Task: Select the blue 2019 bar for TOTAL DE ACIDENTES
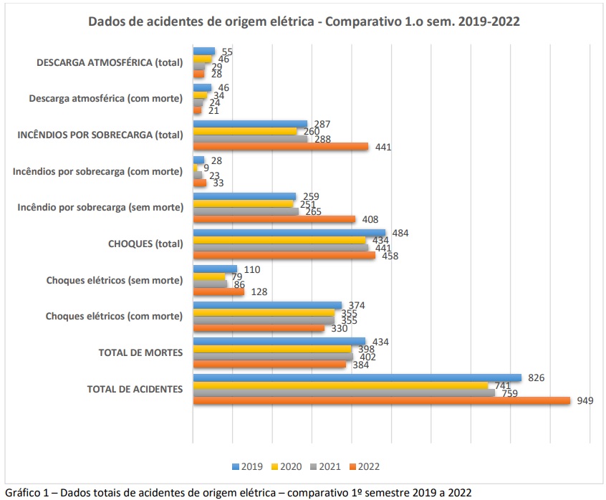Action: tap(357, 378)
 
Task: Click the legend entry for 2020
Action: tap(287, 466)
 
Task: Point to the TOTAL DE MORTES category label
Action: tap(140, 353)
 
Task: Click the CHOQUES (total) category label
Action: tap(145, 244)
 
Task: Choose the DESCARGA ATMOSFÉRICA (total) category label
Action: tap(110, 62)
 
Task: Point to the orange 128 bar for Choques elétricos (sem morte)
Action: tap(218, 292)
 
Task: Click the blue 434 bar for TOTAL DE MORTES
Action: tap(279, 342)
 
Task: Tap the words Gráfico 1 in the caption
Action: tap(26, 492)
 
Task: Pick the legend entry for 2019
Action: tap(248, 466)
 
